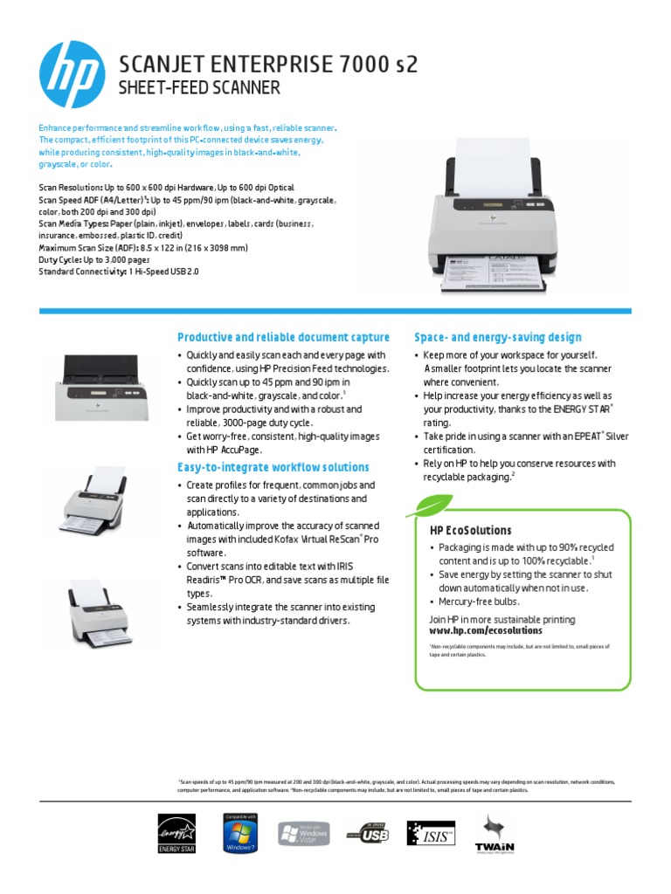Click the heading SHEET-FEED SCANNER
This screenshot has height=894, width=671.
(199, 87)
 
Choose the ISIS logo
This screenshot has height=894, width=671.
(432, 836)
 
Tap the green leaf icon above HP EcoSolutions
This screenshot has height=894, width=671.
(434, 505)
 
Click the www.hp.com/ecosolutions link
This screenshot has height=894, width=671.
(485, 630)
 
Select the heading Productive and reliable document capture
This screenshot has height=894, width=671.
(283, 337)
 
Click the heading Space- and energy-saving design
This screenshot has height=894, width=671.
(497, 337)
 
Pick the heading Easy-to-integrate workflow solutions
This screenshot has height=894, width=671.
(273, 467)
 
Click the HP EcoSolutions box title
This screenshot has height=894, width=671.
(470, 530)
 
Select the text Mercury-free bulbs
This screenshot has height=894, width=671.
(480, 602)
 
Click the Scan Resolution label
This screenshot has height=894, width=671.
(71, 188)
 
